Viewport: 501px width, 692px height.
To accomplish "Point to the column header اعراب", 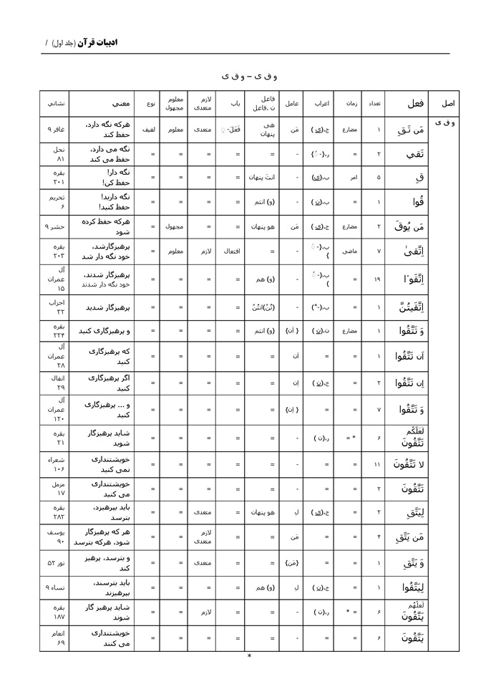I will coord(321,103).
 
